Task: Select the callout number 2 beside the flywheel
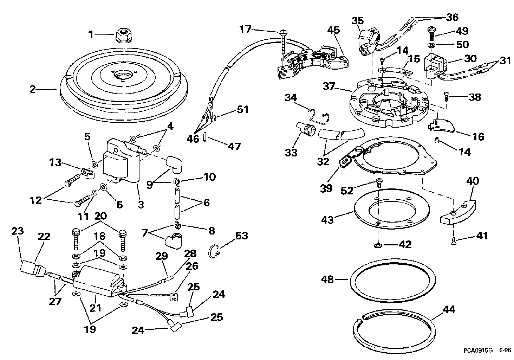coord(33,89)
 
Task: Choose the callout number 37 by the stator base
coord(330,87)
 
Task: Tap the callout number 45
coord(333,30)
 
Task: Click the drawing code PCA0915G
coord(478,350)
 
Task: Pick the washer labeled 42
coord(379,245)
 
